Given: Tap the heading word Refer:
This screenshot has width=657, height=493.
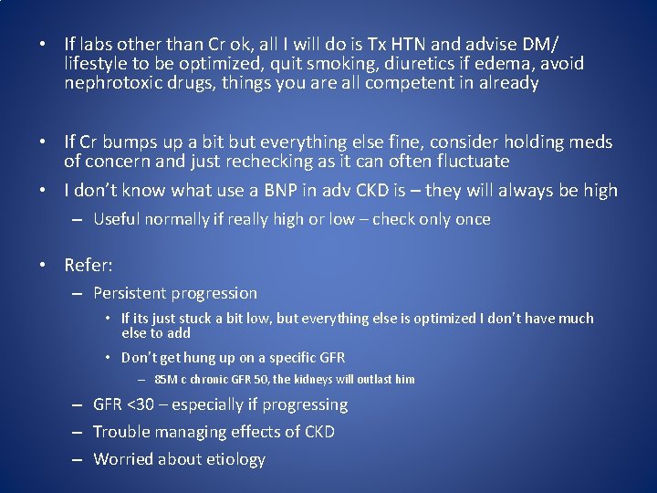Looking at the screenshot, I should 89,266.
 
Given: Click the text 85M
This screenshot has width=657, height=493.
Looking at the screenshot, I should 167,379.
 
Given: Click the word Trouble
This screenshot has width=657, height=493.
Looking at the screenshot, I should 122,432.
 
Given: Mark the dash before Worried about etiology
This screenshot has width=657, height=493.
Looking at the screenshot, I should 79,459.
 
